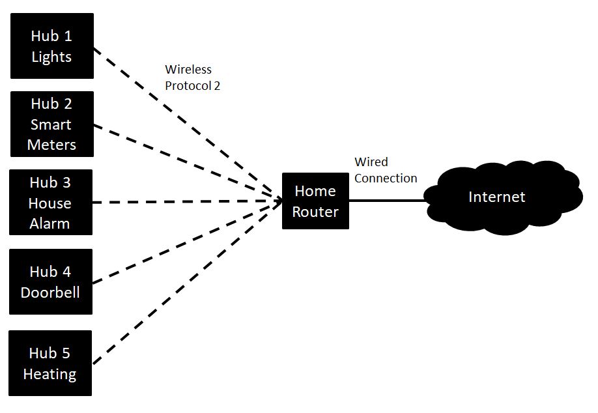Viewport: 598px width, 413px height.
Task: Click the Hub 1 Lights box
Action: click(x=51, y=46)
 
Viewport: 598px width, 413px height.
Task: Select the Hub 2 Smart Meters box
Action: click(x=51, y=124)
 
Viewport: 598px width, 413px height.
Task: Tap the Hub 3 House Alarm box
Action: click(x=50, y=203)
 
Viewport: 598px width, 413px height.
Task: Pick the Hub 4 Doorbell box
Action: click(x=50, y=281)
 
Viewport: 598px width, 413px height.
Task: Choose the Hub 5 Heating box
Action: click(x=50, y=363)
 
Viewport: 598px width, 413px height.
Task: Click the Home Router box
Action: click(x=315, y=201)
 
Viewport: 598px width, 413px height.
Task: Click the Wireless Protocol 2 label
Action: click(x=192, y=77)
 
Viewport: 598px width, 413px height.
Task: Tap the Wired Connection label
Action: click(x=385, y=170)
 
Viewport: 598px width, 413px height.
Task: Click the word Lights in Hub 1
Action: click(x=51, y=57)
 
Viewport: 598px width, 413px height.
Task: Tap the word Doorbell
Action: click(x=50, y=292)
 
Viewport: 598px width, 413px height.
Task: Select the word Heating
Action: click(x=50, y=374)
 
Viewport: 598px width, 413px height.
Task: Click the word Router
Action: click(x=315, y=212)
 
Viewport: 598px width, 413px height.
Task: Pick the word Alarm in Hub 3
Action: click(x=50, y=223)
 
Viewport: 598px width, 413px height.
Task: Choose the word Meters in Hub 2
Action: click(x=51, y=145)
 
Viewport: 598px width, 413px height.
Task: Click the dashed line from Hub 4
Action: click(x=182, y=242)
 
